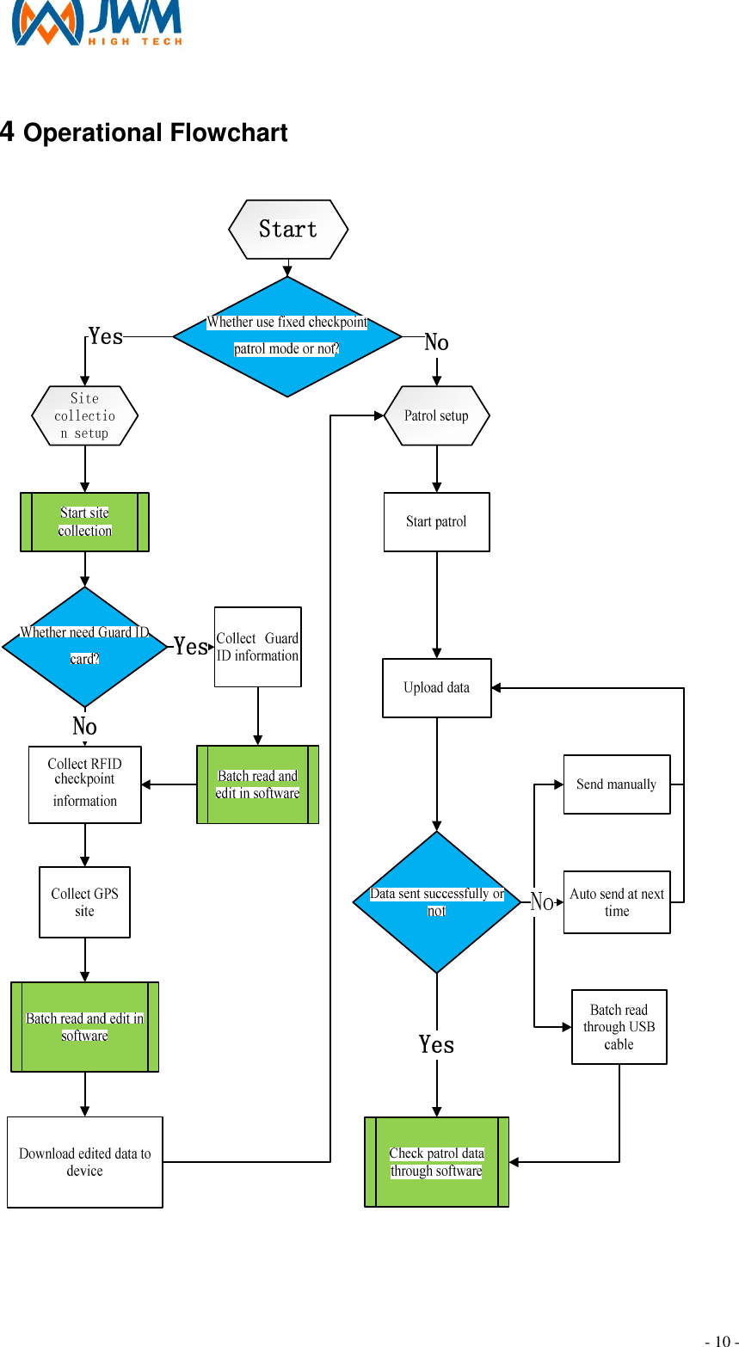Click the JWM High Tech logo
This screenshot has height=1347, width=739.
[x=96, y=22]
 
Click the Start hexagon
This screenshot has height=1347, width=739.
[x=288, y=230]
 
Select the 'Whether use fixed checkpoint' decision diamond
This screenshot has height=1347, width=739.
[x=287, y=336]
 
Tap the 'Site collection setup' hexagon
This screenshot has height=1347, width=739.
[x=84, y=415]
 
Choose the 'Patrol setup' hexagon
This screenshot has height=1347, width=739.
[x=436, y=415]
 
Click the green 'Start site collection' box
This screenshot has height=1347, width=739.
[x=84, y=522]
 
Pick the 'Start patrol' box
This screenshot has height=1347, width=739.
[x=436, y=522]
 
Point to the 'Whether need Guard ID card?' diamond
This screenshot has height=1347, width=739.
[x=84, y=646]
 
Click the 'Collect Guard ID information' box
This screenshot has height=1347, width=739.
[x=257, y=647]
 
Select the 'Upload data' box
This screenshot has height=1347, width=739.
[x=436, y=688]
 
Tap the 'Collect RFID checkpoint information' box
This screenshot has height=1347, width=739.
[x=84, y=784]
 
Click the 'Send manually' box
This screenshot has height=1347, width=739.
[x=616, y=784]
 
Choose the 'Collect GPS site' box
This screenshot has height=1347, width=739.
[x=84, y=902]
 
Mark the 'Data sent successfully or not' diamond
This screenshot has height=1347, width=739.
[x=436, y=902]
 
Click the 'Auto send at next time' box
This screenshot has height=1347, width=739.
[x=616, y=902]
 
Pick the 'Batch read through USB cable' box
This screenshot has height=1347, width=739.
[x=619, y=1027]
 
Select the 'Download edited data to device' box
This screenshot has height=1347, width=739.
[x=84, y=1162]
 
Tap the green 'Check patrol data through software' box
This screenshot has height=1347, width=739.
[x=436, y=1162]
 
